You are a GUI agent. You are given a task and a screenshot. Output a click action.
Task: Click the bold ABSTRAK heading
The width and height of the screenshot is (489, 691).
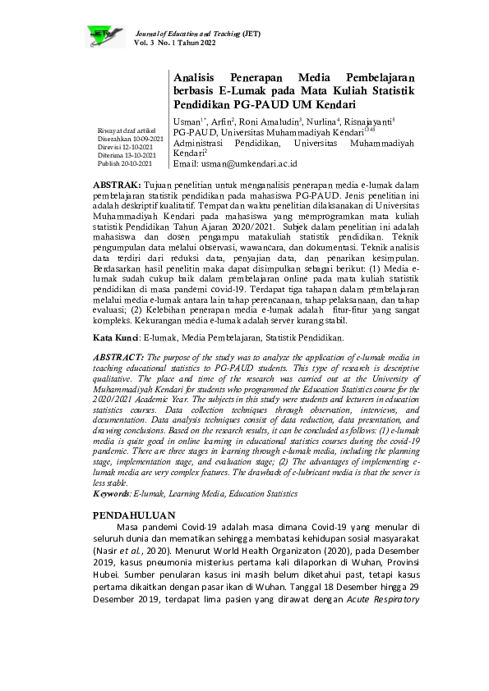click(117, 187)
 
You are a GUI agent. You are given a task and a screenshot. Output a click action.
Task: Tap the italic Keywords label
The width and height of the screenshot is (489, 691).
click(113, 494)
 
